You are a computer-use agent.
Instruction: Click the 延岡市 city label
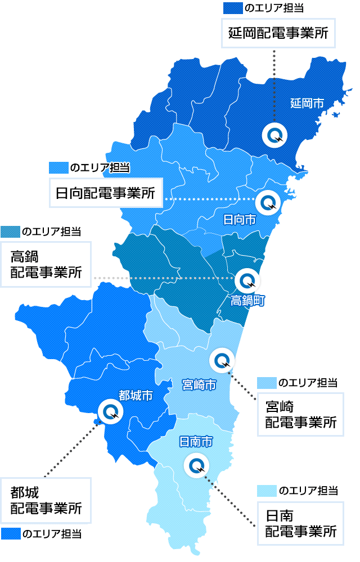pos(307,103)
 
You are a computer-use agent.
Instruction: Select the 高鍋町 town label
pos(247,301)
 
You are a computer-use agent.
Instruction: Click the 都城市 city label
pos(136,396)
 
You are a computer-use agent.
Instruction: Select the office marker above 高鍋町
pos(247,279)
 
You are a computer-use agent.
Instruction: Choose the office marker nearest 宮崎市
pos(222,360)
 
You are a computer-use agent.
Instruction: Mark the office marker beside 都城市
pos(109,412)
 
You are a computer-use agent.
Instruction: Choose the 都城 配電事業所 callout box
pos(46,501)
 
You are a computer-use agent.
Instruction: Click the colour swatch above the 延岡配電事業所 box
pos(232,8)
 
